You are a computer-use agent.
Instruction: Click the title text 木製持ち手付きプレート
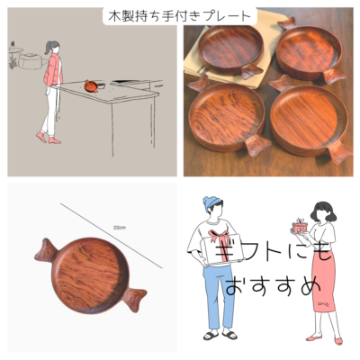(179, 16)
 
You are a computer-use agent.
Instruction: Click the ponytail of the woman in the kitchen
(48, 48)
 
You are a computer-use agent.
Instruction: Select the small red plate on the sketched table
(91, 86)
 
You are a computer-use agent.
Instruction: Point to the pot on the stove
(30, 61)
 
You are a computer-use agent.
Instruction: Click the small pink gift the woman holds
(299, 226)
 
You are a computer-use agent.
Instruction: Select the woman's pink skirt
(323, 281)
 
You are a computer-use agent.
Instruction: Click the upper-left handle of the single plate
(47, 251)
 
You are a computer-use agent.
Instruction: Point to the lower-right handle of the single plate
(134, 298)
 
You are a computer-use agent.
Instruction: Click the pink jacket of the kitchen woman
(53, 69)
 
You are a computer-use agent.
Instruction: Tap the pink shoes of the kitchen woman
(48, 138)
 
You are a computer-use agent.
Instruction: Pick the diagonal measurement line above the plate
(112, 236)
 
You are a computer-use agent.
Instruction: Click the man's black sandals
(220, 335)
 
